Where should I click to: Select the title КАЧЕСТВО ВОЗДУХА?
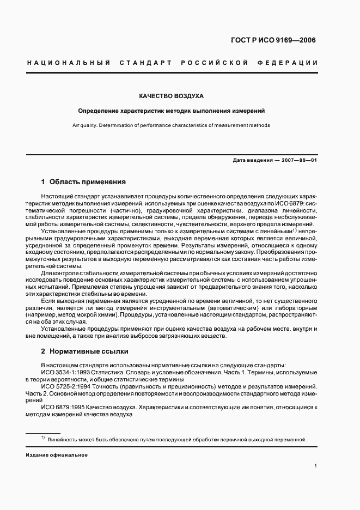(x=171, y=96)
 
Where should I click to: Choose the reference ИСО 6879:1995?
(x=60, y=407)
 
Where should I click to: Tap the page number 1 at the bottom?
(x=315, y=466)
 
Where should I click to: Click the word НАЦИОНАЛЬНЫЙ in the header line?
(x=69, y=63)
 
